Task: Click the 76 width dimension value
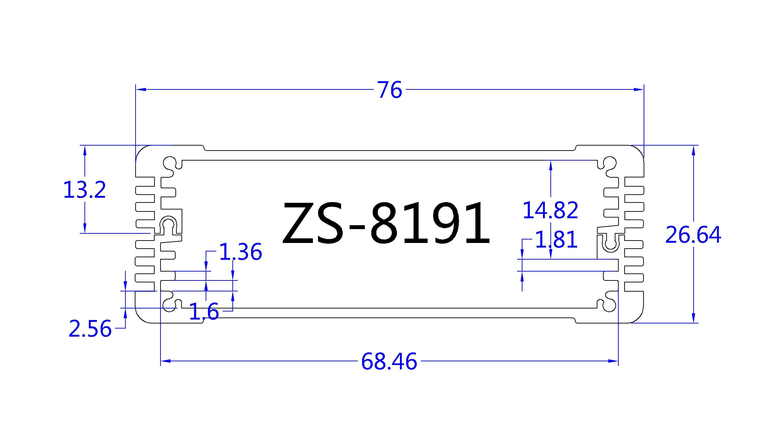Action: click(390, 90)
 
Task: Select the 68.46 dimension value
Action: click(389, 362)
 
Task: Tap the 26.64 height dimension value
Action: click(693, 235)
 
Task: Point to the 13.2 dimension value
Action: click(85, 190)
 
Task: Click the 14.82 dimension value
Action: click(550, 210)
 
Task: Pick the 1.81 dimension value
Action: click(556, 240)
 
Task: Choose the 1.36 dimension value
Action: click(240, 252)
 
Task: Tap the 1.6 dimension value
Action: click(204, 311)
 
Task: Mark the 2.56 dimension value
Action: click(90, 329)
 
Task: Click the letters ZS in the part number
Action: click(313, 223)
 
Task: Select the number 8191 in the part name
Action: click(429, 223)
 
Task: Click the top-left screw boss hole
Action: click(170, 163)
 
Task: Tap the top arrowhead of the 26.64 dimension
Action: click(693, 150)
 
